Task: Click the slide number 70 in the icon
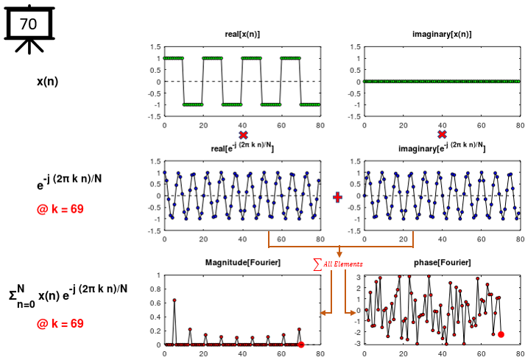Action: pyautogui.click(x=28, y=24)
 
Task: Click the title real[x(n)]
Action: pyautogui.click(x=242, y=35)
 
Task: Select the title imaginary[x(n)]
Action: pyautogui.click(x=441, y=35)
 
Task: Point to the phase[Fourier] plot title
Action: pyautogui.click(x=442, y=263)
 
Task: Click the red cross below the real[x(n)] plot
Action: pyautogui.click(x=243, y=135)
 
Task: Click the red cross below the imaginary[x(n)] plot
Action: pyautogui.click(x=442, y=135)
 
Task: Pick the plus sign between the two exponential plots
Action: pyautogui.click(x=338, y=197)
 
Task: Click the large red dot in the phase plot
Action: pyautogui.click(x=501, y=334)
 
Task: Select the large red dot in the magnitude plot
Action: pyautogui.click(x=301, y=345)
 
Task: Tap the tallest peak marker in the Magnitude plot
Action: pyautogui.click(x=174, y=300)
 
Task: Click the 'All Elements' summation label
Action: pyautogui.click(x=339, y=264)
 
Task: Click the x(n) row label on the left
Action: pyautogui.click(x=48, y=81)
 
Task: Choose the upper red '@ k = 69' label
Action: pyautogui.click(x=60, y=209)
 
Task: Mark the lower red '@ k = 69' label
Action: pyautogui.click(x=60, y=323)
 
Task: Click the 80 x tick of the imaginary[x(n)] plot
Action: pyautogui.click(x=519, y=125)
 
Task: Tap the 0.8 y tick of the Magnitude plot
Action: pyautogui.click(x=154, y=289)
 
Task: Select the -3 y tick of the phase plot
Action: pyautogui.click(x=356, y=344)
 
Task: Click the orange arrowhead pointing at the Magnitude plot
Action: pyautogui.click(x=323, y=312)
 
